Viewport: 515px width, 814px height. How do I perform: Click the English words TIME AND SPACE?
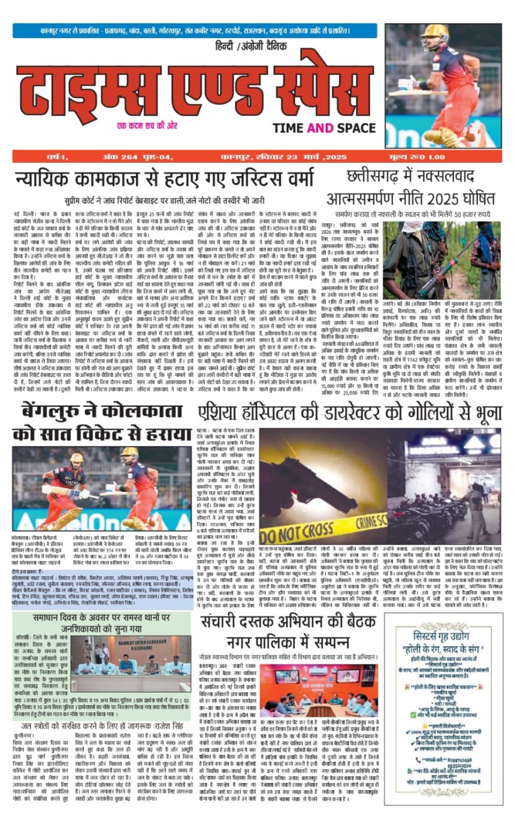click(324, 127)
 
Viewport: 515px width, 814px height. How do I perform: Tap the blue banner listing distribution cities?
click(195, 30)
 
